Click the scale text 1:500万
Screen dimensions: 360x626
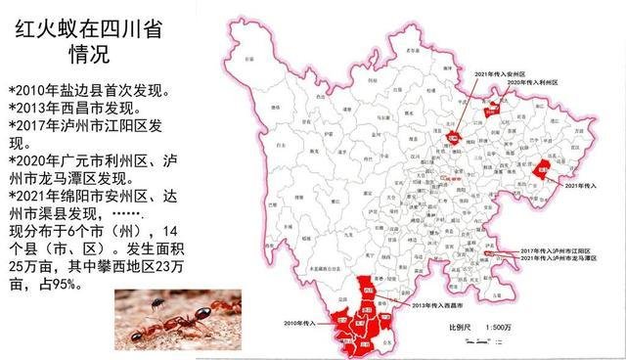click(498, 326)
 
